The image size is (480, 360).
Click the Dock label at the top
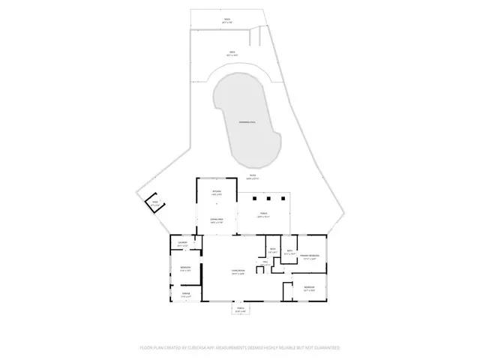coord(226,20)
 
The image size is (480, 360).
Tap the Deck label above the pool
coord(232,53)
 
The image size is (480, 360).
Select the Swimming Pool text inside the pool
coord(247,121)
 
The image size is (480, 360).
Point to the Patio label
coord(253,177)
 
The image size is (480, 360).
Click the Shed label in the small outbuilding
coord(155,202)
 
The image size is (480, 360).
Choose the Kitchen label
coord(217,193)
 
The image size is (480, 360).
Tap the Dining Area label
coord(217,220)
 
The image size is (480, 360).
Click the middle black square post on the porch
coord(266,198)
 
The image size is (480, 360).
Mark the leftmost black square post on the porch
coord(254,198)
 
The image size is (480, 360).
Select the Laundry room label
coord(181,243)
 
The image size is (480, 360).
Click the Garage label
coord(185,295)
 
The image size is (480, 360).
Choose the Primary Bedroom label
coord(310,257)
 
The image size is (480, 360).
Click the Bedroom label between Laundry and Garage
coord(184,268)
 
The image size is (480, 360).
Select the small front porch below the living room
coord(241,310)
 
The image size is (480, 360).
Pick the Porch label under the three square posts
coord(264,216)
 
